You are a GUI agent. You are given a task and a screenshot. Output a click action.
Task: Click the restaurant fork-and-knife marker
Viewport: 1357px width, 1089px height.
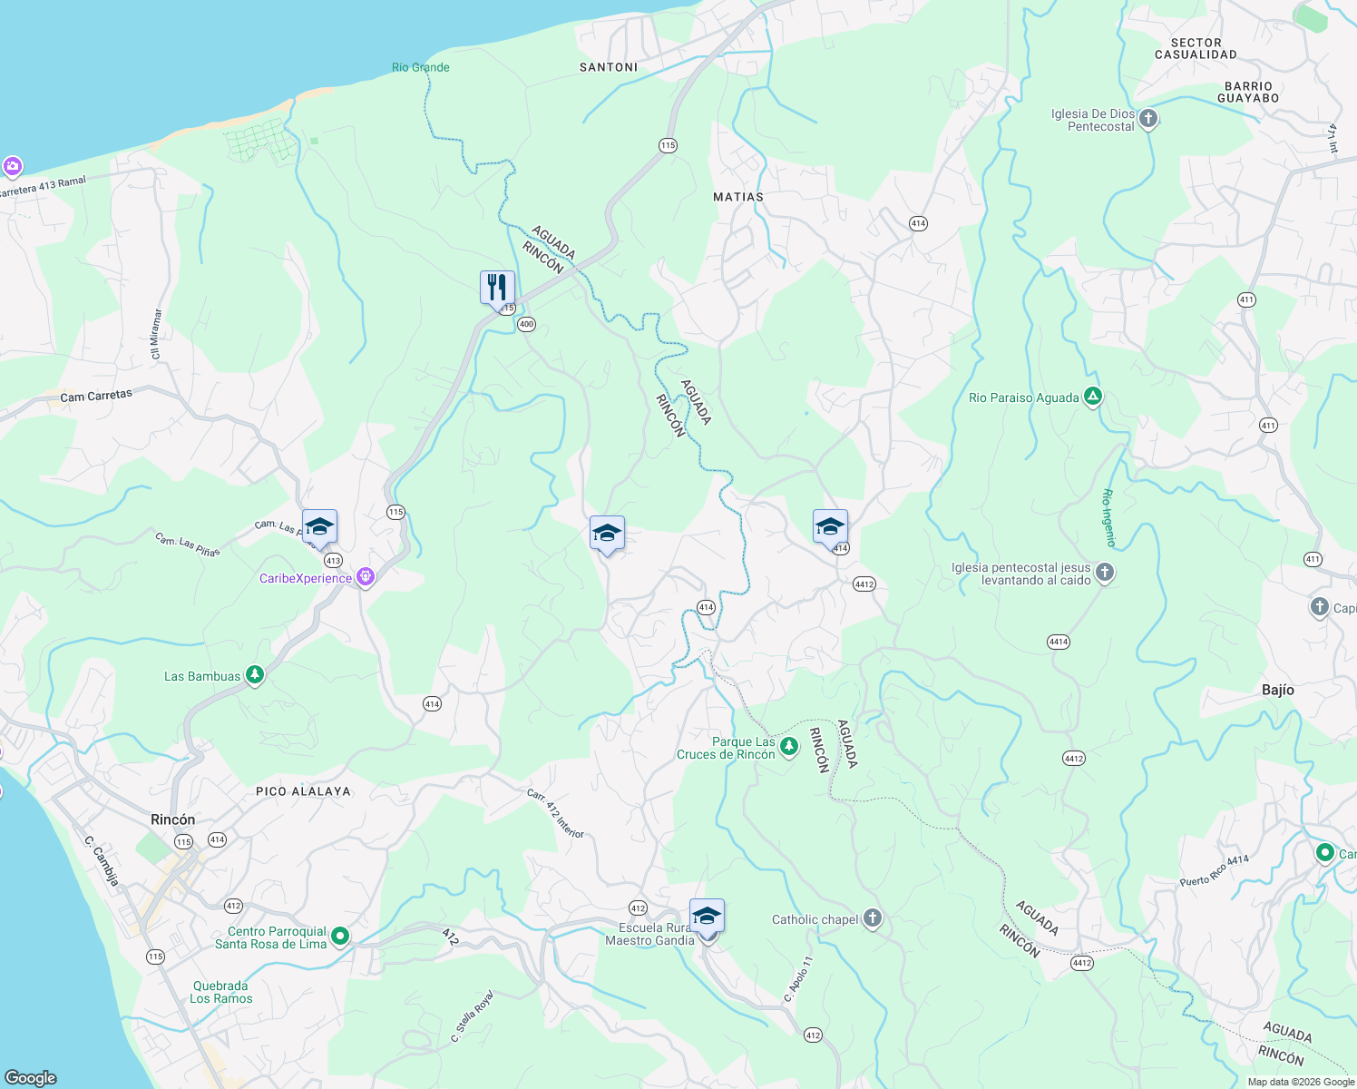497,288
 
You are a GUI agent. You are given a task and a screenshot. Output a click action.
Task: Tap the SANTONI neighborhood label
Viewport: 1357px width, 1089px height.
609,67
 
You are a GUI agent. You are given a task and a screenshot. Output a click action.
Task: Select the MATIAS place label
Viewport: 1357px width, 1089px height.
738,197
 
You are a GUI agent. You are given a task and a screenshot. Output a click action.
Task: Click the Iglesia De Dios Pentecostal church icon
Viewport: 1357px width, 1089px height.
1148,119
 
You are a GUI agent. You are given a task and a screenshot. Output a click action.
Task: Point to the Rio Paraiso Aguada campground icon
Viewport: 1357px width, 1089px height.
1093,397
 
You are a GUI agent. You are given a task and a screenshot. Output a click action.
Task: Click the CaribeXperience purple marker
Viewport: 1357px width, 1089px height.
366,577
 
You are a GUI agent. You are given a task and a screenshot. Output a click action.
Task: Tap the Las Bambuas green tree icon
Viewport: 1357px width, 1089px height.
255,675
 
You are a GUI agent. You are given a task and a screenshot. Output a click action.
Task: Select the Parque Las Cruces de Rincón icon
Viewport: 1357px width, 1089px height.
789,747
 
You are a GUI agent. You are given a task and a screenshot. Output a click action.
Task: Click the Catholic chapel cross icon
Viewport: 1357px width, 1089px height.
872,918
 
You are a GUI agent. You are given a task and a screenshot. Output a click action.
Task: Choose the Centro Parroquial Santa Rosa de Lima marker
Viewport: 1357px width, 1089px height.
340,936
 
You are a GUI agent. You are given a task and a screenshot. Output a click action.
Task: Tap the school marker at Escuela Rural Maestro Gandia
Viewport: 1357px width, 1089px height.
707,917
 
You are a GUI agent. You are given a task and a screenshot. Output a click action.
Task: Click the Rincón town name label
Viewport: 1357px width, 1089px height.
172,819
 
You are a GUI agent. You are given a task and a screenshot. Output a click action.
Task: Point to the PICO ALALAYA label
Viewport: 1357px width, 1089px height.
303,791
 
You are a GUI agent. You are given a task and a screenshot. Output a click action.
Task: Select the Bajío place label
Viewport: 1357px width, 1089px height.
1277,690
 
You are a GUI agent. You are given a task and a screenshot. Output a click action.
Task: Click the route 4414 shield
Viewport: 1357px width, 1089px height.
1059,642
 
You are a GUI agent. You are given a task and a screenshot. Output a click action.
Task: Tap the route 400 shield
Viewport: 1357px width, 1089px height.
527,324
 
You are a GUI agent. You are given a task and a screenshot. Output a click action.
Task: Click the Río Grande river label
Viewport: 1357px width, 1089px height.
420,67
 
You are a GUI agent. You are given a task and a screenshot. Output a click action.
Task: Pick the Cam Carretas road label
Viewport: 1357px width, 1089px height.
96,397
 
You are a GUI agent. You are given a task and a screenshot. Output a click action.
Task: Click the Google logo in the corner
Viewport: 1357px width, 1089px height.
31,1077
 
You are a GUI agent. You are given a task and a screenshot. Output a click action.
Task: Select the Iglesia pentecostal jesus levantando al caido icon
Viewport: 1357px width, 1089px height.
1104,572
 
